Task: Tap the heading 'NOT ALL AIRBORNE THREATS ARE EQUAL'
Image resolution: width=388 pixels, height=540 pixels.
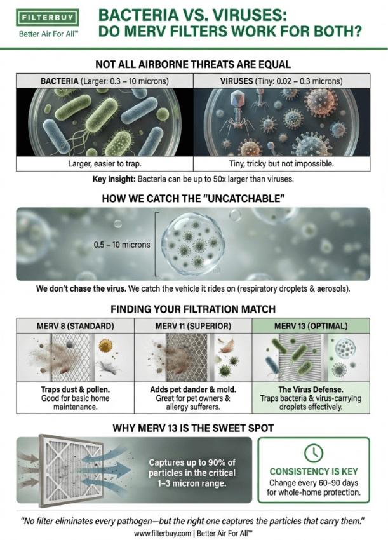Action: tap(194, 64)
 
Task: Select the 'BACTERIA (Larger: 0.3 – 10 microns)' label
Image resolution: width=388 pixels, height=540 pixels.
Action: tap(104, 81)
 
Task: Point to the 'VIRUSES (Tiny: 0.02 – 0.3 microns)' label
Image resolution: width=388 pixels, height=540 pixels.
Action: tap(281, 81)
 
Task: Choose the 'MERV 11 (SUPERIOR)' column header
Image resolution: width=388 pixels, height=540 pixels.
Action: tap(193, 326)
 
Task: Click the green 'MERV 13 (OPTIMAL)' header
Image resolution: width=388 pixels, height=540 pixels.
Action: tap(311, 326)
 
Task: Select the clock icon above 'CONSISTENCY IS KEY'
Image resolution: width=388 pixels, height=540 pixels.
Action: tap(314, 452)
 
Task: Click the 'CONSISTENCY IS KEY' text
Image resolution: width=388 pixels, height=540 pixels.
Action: tap(314, 471)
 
